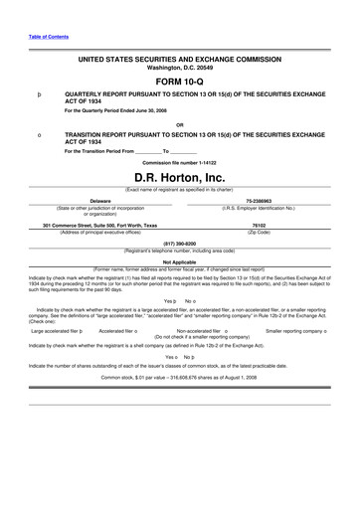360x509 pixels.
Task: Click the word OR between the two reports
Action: tap(179, 124)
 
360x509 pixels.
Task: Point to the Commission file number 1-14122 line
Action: tap(179, 161)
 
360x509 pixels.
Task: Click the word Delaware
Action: tap(99, 200)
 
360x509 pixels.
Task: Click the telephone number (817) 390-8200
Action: tap(179, 243)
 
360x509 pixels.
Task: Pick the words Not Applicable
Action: tap(179, 261)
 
